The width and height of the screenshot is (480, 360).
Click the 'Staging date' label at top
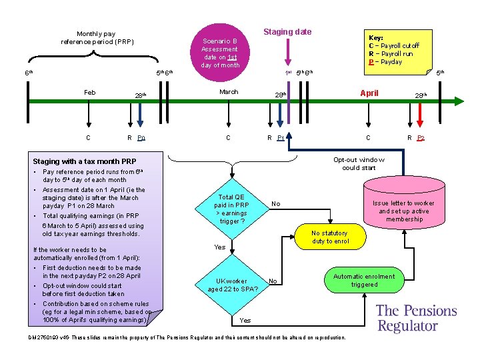(287, 31)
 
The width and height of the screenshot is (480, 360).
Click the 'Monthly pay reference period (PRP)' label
(97, 37)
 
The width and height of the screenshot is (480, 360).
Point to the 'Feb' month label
(89, 93)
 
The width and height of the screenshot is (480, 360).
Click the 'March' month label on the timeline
(229, 92)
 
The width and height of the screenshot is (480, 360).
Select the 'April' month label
(369, 93)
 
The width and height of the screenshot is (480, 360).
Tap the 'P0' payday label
(141, 138)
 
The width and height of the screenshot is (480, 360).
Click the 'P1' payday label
(281, 138)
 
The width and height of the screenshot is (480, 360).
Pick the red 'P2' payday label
(421, 138)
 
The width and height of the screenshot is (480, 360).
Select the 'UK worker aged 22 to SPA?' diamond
(227, 285)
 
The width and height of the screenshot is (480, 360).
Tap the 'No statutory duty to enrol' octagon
(330, 237)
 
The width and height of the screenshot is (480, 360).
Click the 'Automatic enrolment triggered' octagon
(363, 280)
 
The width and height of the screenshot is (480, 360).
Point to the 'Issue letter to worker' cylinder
(403, 211)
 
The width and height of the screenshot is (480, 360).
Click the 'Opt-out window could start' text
(359, 163)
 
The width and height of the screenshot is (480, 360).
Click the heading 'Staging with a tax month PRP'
(85, 161)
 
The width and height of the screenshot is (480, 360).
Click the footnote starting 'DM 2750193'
(187, 337)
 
